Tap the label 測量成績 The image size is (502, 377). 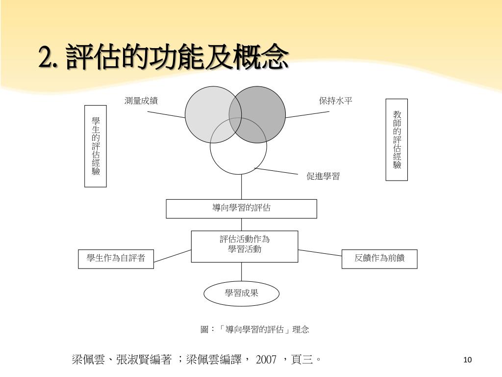tap(141, 101)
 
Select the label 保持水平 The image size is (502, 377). tap(336, 101)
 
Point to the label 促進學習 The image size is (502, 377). tap(323, 177)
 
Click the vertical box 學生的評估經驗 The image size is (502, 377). tap(96, 146)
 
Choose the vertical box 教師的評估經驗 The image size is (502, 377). tap(397, 140)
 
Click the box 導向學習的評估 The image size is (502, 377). tap(241, 209)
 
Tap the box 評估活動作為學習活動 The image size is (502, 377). tap(245, 246)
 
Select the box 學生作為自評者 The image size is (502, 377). tap(116, 259)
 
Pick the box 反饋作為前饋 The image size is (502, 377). tap(379, 259)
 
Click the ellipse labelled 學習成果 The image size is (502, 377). tap(242, 294)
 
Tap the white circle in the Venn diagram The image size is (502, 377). tap(239, 157)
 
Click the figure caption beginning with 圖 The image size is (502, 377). tap(255, 329)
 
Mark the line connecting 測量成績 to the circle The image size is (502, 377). tap(166, 115)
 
